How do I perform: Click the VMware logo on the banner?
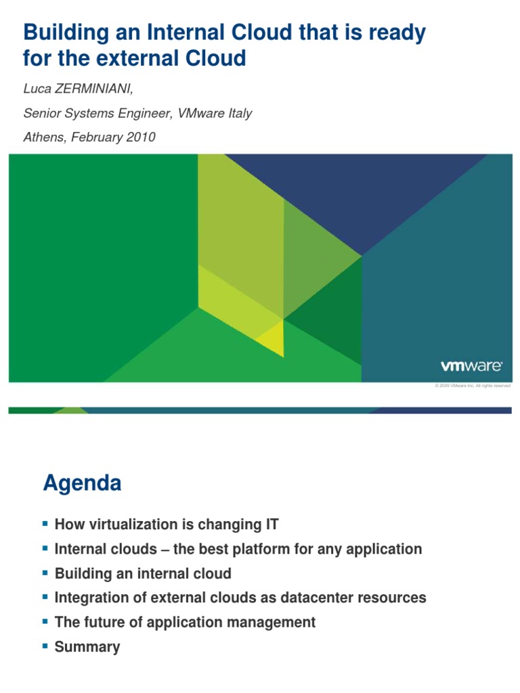(x=471, y=366)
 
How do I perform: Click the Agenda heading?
(x=82, y=483)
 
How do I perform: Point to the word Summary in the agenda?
(x=87, y=647)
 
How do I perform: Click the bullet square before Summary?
(x=46, y=646)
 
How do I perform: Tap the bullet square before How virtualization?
(x=46, y=523)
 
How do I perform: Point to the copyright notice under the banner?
(x=472, y=386)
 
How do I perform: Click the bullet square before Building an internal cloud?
(x=46, y=573)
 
